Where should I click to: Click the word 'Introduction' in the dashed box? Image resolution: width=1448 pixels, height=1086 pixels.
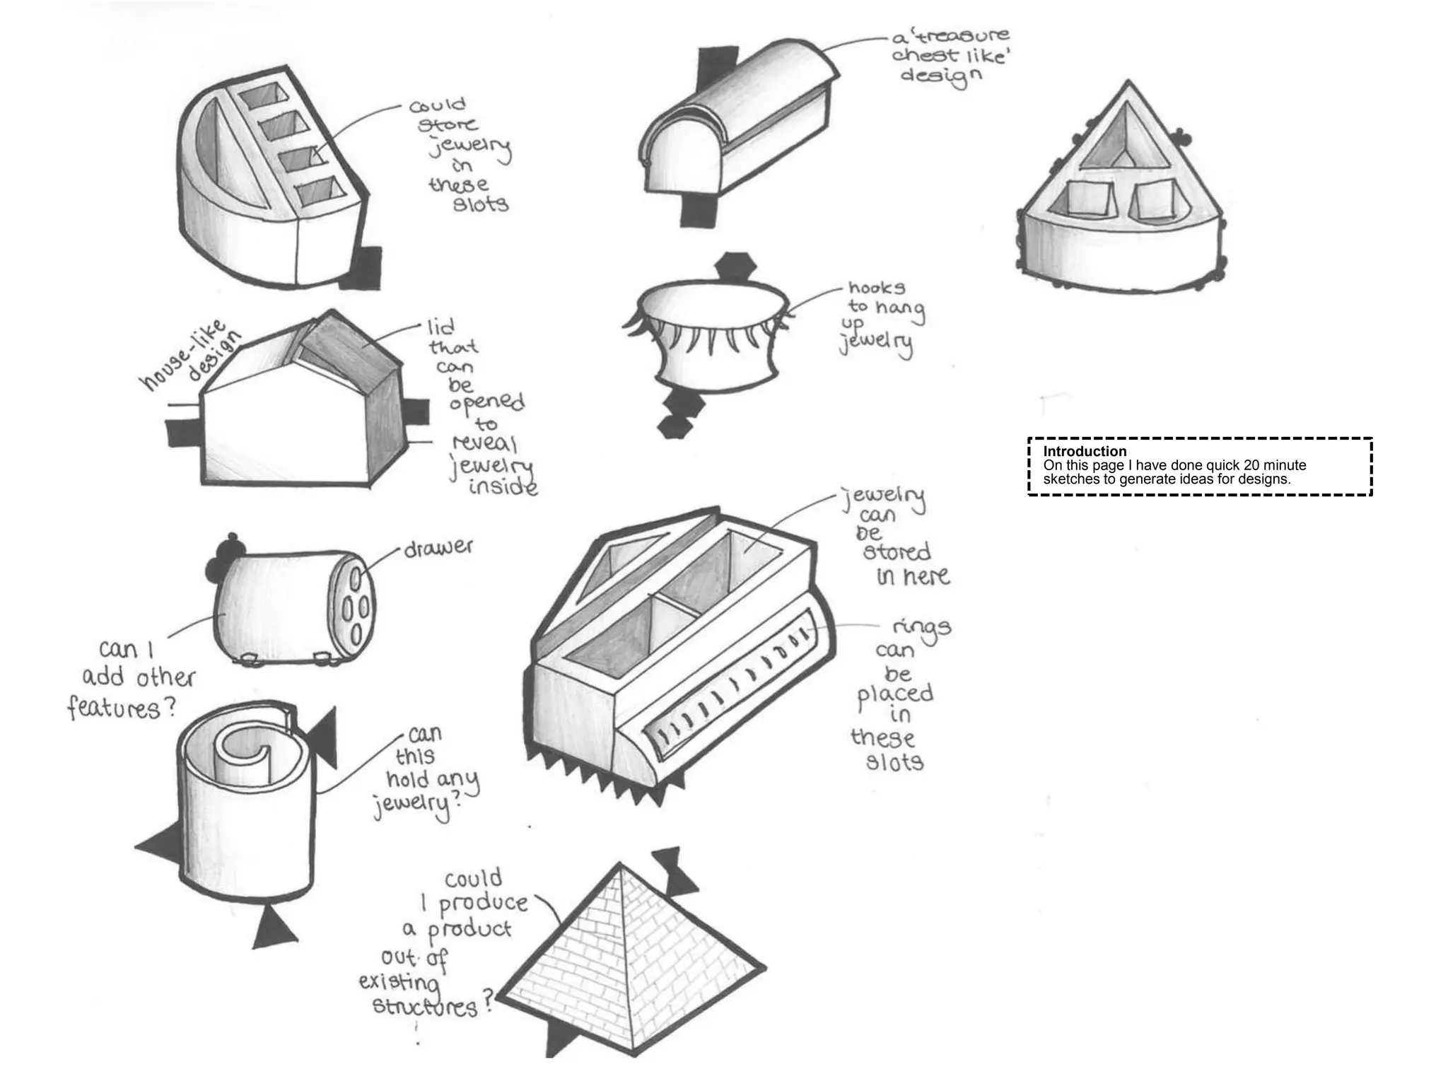(x=1085, y=451)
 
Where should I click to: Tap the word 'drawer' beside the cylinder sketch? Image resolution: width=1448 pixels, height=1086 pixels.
(x=438, y=548)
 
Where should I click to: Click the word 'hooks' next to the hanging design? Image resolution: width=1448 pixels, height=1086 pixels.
(x=877, y=288)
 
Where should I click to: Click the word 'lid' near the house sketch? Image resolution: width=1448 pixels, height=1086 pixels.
(x=440, y=328)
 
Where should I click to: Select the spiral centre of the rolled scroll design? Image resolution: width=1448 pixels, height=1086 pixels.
(x=244, y=749)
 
